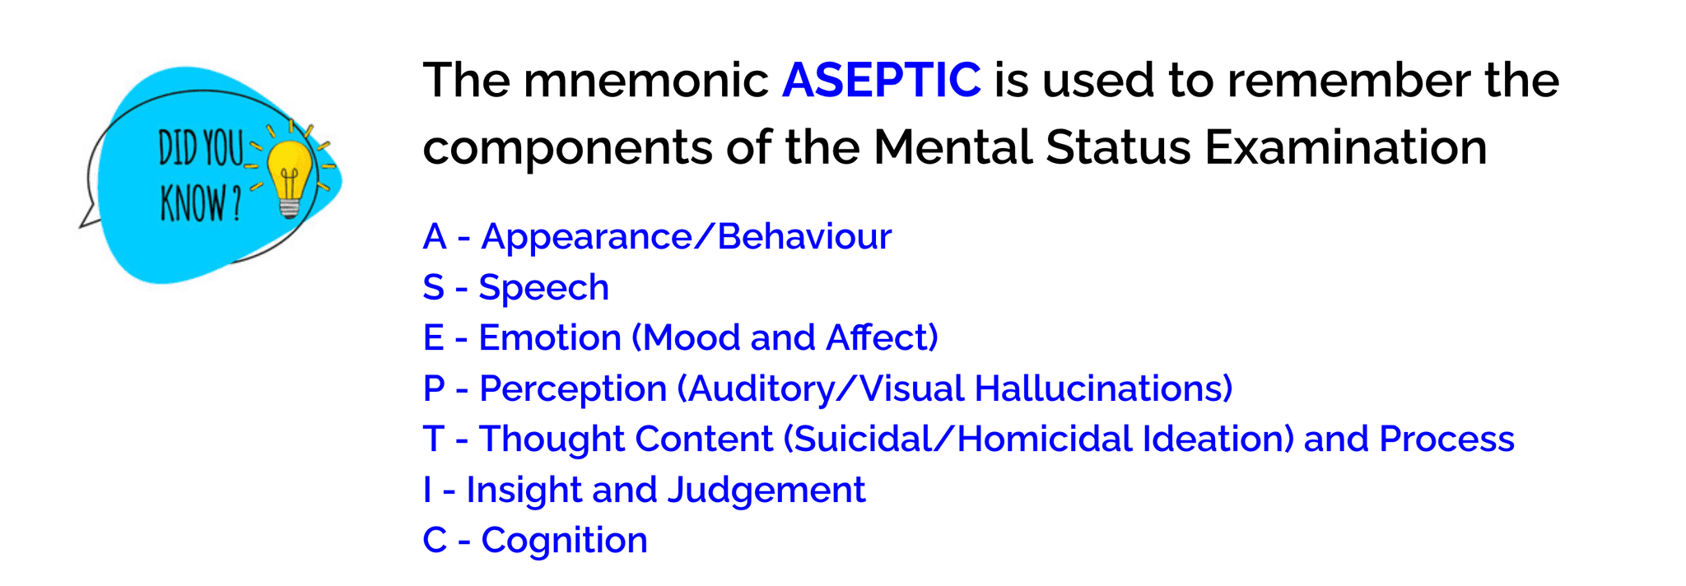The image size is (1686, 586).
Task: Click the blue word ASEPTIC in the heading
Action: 881,81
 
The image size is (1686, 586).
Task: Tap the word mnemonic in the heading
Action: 645,81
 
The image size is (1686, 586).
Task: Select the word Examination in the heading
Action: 1346,148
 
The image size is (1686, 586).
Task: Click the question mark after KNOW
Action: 237,204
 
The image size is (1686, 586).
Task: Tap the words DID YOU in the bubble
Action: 201,151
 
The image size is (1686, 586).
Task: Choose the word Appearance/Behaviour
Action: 686,237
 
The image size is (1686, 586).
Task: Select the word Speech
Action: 543,288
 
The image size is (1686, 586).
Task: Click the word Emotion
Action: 549,338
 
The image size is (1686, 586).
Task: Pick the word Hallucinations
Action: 1103,388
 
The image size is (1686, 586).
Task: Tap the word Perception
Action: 573,388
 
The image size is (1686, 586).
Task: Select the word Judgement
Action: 766,491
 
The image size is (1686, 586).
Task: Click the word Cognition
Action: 564,541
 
